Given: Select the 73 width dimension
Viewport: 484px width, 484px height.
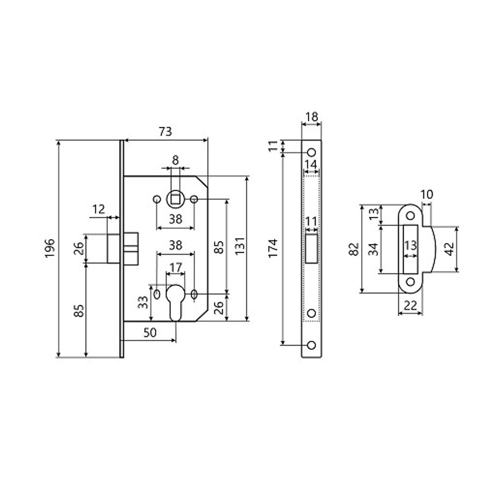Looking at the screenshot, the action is coord(165,132).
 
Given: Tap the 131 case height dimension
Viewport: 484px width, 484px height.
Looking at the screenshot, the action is coord(240,246).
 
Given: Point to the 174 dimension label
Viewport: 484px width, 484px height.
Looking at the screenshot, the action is coord(273,248).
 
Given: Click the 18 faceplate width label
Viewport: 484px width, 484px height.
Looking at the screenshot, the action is coord(311,117).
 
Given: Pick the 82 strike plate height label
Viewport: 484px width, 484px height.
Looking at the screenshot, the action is coord(354,249).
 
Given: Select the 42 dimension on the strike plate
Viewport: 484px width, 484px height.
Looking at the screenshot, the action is coord(450,249).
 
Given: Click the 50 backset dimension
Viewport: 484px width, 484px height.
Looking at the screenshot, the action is coord(151,333).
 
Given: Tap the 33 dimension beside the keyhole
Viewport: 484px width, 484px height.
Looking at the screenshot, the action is coord(143,302).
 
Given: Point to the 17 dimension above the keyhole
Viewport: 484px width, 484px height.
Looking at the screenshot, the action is coord(176,267).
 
